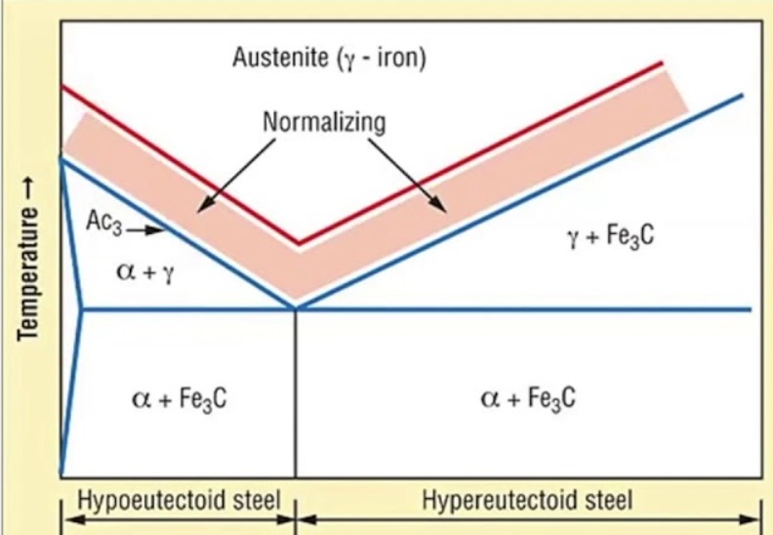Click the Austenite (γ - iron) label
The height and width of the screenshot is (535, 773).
point(329,58)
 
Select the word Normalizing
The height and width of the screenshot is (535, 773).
point(324,123)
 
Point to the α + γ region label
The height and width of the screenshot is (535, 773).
point(146,270)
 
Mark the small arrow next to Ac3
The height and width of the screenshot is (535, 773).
point(142,231)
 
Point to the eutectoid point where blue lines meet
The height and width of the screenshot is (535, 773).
point(295,309)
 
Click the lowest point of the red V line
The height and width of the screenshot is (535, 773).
point(298,243)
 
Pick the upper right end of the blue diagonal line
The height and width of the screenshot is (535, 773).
point(742,95)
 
